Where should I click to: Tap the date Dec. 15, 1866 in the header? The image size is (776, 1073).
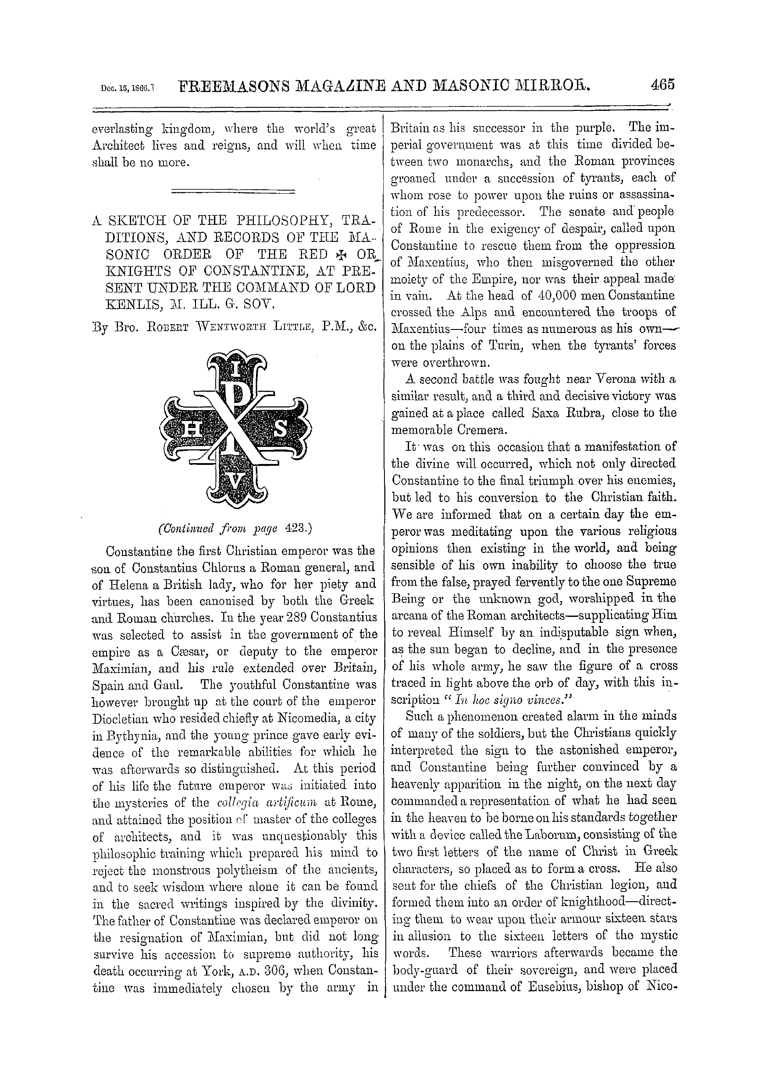point(128,88)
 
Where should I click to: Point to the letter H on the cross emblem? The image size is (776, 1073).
point(191,429)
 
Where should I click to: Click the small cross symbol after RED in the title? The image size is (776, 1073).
point(339,255)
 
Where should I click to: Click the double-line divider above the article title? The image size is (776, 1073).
point(233,191)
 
